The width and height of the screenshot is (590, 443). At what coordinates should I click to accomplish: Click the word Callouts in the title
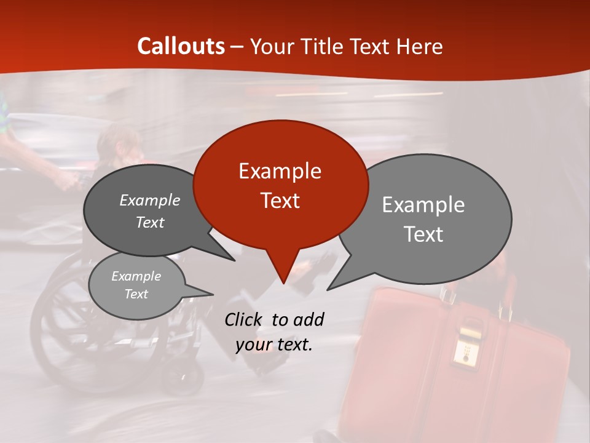pyautogui.click(x=181, y=46)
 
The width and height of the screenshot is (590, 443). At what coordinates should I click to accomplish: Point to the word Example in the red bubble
pyautogui.click(x=280, y=171)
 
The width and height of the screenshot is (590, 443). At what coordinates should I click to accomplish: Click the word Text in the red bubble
pyautogui.click(x=280, y=201)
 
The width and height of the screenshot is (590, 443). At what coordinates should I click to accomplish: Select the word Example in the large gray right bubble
pyautogui.click(x=423, y=205)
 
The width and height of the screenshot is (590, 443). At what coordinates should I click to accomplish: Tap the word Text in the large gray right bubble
pyautogui.click(x=423, y=234)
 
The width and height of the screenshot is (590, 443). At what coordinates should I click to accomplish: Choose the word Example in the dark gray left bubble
pyautogui.click(x=149, y=200)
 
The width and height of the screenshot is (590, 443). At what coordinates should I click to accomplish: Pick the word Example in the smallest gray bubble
pyautogui.click(x=136, y=276)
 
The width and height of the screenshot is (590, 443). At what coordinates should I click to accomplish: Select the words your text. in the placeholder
pyautogui.click(x=273, y=345)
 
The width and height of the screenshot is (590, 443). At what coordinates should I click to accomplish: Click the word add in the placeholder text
pyautogui.click(x=309, y=319)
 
